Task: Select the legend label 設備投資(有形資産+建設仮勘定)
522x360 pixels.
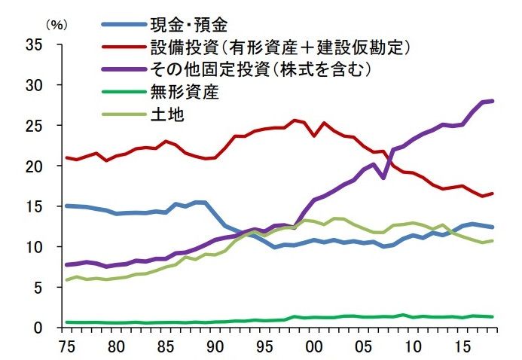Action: click(x=278, y=48)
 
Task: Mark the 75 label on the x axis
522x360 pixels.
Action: click(x=66, y=348)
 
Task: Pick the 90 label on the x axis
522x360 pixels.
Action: click(x=214, y=348)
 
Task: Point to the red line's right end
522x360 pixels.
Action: click(x=493, y=194)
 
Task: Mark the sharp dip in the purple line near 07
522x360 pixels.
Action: click(x=384, y=178)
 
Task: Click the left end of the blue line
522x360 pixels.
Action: click(x=66, y=206)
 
